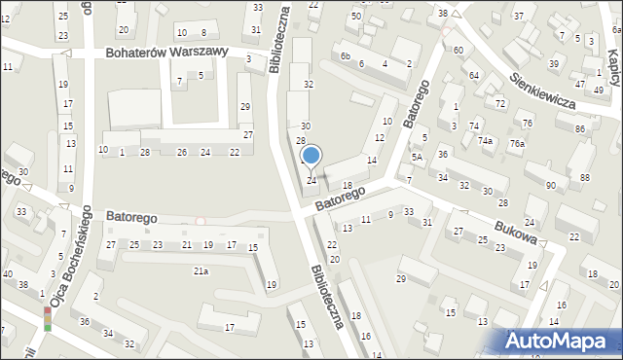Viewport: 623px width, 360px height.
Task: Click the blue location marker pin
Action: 311,156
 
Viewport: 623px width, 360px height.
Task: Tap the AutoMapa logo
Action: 560,341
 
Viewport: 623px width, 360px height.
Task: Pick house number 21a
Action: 200,271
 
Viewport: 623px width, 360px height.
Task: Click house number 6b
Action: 345,56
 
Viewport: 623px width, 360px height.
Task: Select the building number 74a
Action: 485,141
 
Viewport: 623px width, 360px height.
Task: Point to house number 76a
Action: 517,144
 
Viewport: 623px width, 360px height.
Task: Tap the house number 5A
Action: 417,157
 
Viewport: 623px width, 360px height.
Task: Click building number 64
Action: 473,75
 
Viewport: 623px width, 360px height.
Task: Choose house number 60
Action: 458,49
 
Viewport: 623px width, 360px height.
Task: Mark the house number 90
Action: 551,185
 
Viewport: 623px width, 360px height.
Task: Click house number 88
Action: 584,177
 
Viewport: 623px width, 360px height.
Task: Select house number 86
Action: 579,128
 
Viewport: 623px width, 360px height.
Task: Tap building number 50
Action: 355,17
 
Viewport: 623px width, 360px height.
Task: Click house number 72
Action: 500,102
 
